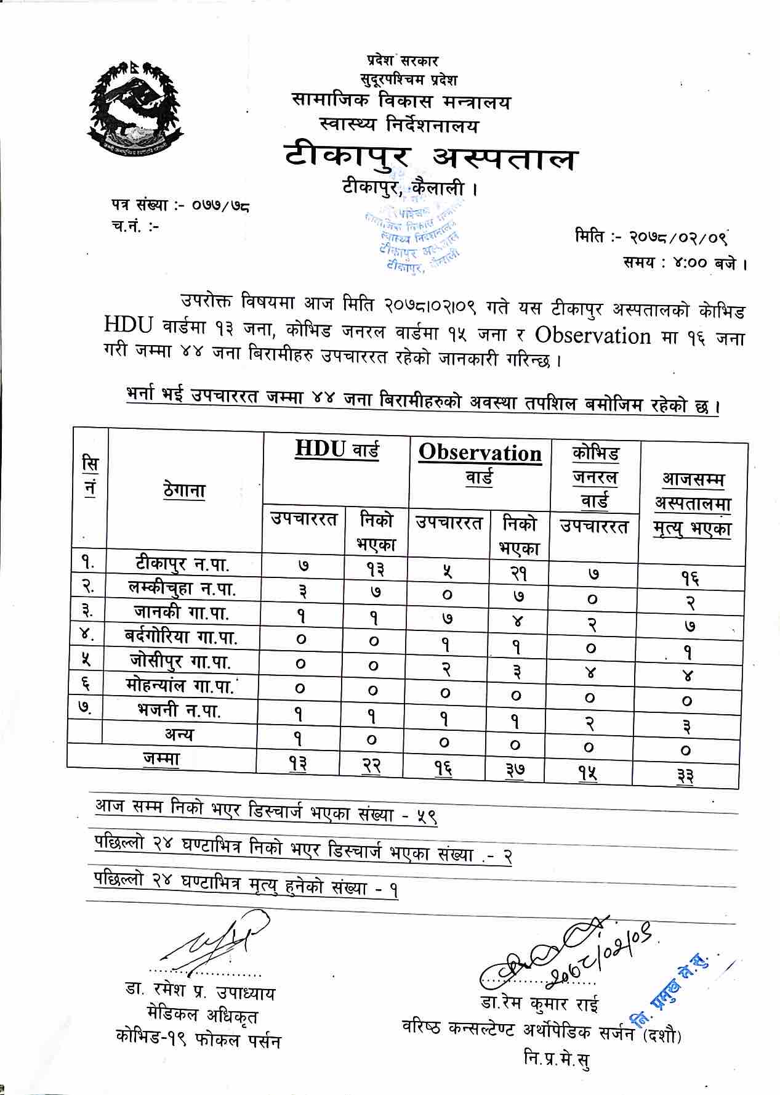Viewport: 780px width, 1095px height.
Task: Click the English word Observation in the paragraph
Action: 593,335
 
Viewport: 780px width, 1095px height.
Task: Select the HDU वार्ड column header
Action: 337,450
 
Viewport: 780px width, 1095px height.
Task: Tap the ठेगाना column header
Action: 185,491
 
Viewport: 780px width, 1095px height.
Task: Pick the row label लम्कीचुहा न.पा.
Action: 183,588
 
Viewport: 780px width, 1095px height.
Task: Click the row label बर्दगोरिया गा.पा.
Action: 182,637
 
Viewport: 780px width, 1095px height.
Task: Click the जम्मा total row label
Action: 161,759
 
